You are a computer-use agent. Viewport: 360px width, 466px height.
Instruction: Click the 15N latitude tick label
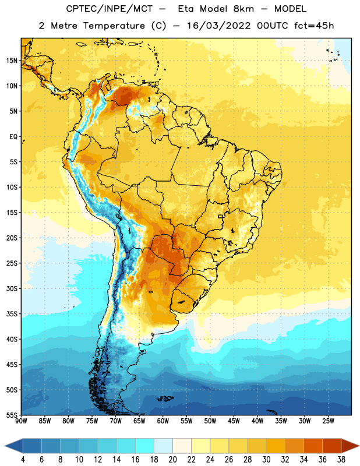click(x=12, y=61)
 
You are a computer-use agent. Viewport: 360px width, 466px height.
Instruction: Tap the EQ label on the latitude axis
click(x=13, y=137)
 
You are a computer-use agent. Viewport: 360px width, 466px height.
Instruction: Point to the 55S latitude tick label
click(x=12, y=415)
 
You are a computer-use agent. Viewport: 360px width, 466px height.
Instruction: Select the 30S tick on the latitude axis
click(x=12, y=288)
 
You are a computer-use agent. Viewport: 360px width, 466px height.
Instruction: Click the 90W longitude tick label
click(x=21, y=421)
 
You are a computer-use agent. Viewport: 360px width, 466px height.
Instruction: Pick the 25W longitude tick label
click(x=328, y=421)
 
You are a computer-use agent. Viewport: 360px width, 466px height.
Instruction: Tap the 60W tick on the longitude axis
click(x=163, y=421)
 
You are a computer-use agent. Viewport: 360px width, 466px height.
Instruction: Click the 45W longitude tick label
click(x=234, y=421)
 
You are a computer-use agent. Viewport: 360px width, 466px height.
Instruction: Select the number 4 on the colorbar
click(x=23, y=460)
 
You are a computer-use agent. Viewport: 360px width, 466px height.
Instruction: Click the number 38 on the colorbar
click(x=341, y=460)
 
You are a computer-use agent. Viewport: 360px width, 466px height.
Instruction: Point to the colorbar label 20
click(x=172, y=460)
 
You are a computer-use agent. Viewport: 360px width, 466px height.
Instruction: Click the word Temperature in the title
click(x=114, y=26)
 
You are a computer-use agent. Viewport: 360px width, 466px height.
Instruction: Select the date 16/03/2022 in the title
click(x=219, y=26)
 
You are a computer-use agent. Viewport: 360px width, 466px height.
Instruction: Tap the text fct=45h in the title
click(x=314, y=26)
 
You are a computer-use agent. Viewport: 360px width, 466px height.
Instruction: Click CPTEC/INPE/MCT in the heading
click(x=109, y=9)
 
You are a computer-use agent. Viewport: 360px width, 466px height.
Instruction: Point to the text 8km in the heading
click(x=243, y=9)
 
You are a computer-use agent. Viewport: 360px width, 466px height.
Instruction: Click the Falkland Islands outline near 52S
click(x=165, y=398)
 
